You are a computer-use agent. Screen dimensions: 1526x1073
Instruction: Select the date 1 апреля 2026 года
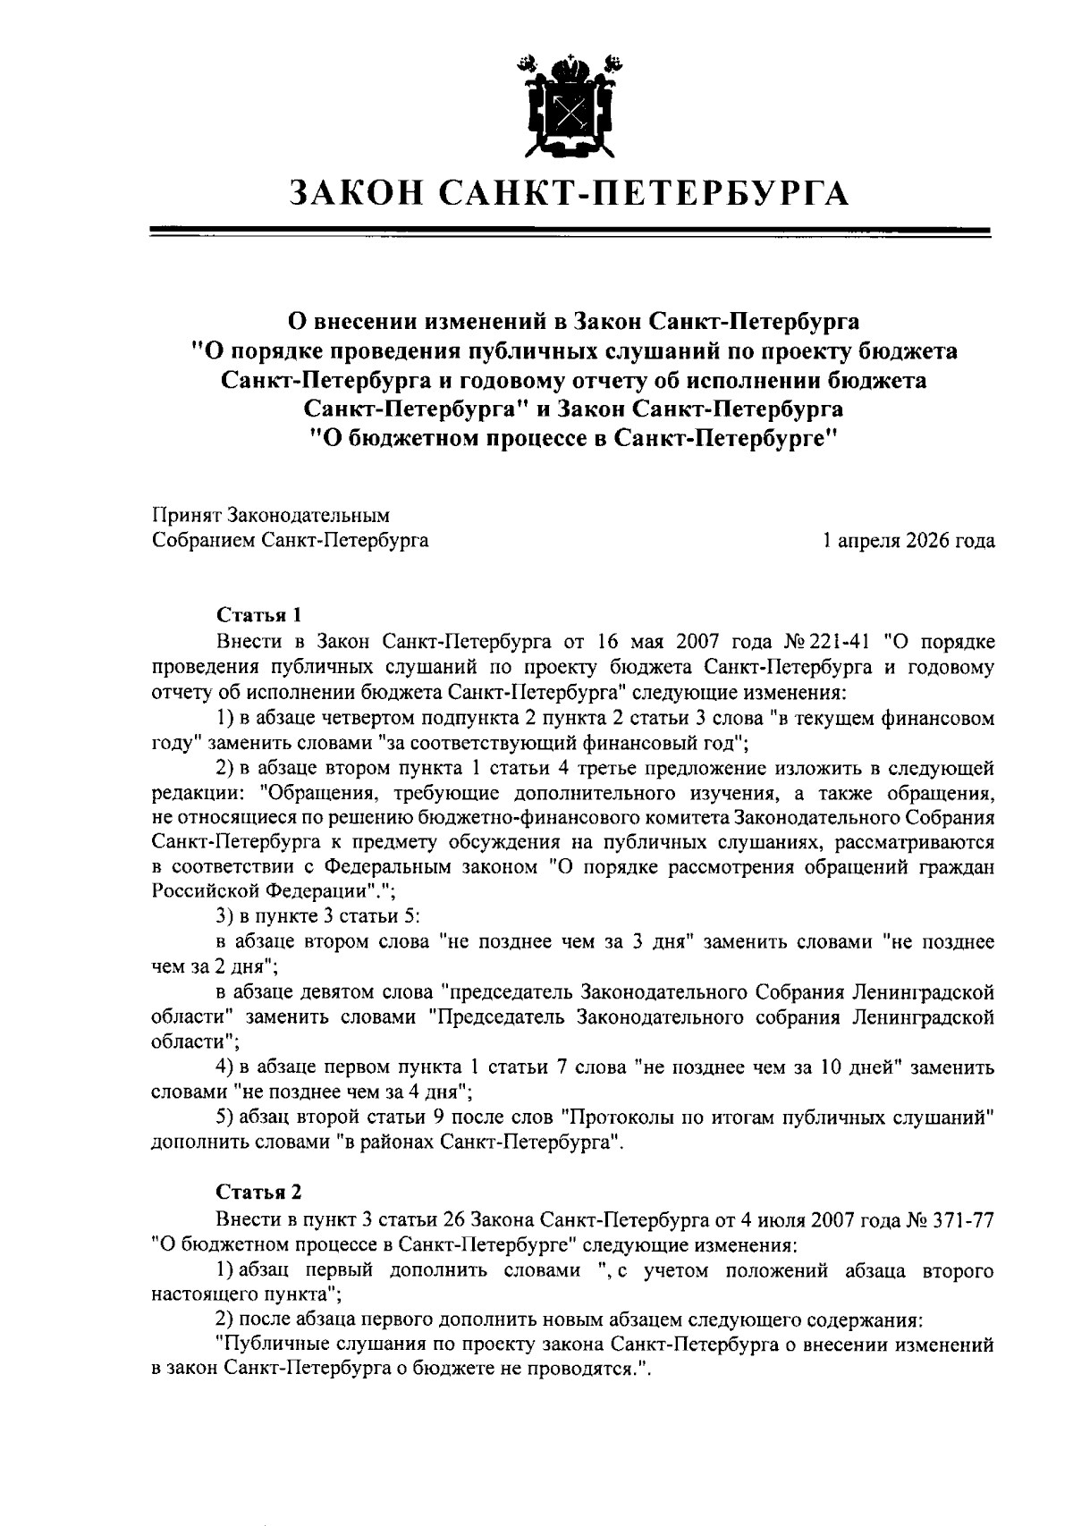coord(908,541)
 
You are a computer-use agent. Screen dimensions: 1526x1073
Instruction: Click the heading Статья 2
coord(259,1192)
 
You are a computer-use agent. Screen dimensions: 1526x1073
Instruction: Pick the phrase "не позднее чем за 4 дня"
coord(352,1092)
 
